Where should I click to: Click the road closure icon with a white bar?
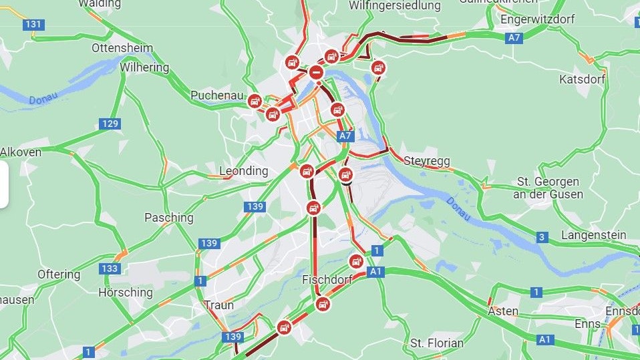pos(317,71)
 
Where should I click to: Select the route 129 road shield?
pos(110,124)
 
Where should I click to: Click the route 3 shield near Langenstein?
pos(542,237)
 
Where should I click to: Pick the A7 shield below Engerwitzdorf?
pos(514,38)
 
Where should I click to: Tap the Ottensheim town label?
pos(122,48)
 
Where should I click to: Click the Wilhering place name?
pos(144,67)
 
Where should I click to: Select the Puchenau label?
pos(217,96)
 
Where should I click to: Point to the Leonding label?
pos(244,171)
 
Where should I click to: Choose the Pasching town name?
pos(169,218)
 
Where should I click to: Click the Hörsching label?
pos(126,293)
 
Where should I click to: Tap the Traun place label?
pos(219,305)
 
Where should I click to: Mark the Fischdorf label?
pos(327,279)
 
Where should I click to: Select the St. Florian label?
pos(437,343)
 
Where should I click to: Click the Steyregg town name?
pos(427,161)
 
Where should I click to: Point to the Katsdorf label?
pos(583,79)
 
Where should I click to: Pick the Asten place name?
pos(503,311)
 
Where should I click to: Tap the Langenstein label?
pos(594,235)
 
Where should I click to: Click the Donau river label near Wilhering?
pos(43,98)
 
